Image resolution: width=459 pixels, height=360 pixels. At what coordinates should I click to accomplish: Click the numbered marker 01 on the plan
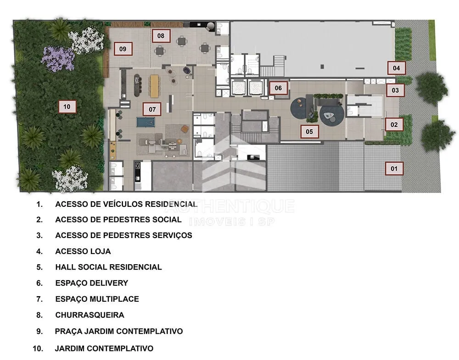pos(394,168)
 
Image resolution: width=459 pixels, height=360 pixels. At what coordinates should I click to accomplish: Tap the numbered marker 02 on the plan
pos(394,125)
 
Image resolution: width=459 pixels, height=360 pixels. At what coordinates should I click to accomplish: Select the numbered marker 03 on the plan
pos(395,90)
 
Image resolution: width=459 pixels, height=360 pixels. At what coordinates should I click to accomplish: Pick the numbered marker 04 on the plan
pos(397,68)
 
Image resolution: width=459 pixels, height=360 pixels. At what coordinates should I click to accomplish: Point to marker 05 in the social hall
pos(309,132)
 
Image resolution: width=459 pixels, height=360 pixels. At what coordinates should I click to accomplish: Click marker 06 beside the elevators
pos(278,88)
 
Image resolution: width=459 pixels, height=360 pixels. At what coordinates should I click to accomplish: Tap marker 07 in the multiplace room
pos(152,109)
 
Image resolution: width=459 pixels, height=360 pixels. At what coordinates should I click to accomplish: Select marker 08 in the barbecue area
pos(161,36)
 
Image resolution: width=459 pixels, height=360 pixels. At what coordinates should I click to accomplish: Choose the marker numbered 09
pos(123,49)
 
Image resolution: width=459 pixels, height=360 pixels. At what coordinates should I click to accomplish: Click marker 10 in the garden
pos(67,106)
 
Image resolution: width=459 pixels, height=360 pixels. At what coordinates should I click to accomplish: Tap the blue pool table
pos(146,122)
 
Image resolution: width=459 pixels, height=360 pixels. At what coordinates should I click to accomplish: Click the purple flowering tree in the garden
pos(58,59)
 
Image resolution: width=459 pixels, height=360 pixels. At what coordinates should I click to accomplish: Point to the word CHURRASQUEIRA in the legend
pos(90,315)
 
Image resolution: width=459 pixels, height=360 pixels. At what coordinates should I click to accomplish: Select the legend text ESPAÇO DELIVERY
pos(92,283)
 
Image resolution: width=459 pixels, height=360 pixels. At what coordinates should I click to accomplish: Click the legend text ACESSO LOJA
pos(83,251)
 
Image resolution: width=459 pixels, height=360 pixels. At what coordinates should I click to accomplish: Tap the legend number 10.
pos(38,348)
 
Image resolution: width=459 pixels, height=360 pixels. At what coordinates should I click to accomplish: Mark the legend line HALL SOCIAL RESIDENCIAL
pos(108,267)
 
